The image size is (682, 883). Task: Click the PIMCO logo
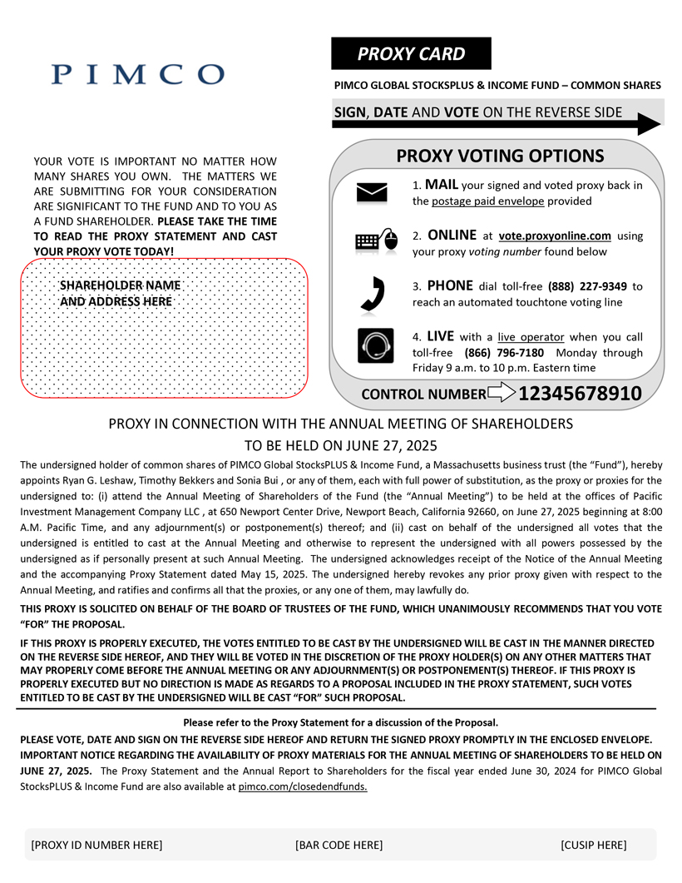(x=137, y=73)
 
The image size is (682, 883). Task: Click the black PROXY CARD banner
(x=411, y=54)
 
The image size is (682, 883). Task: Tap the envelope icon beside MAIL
(x=373, y=192)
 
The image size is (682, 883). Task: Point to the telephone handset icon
(x=373, y=292)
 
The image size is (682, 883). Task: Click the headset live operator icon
(x=375, y=345)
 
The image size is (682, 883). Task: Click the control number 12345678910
(x=581, y=393)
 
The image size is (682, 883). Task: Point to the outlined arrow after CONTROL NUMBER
(x=502, y=393)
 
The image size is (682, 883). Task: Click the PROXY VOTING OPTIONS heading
(x=500, y=156)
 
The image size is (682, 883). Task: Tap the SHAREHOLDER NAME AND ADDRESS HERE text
(x=120, y=294)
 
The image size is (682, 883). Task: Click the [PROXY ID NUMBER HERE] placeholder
(x=96, y=846)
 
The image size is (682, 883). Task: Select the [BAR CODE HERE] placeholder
(x=339, y=846)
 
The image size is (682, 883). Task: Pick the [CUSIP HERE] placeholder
(x=594, y=846)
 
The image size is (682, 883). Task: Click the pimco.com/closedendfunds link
(x=303, y=786)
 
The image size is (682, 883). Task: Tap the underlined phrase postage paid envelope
(x=487, y=201)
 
